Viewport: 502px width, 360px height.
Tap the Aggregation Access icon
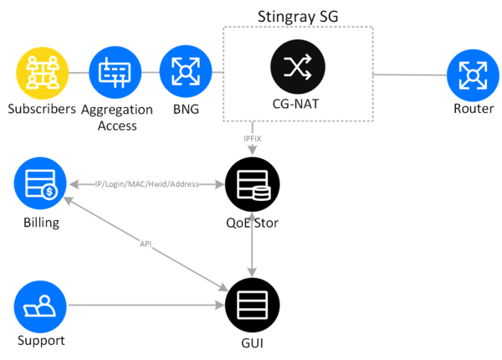(x=111, y=73)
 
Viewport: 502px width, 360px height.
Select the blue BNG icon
(x=182, y=73)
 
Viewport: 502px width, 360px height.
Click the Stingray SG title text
(x=298, y=16)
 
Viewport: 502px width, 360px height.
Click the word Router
(x=472, y=109)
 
